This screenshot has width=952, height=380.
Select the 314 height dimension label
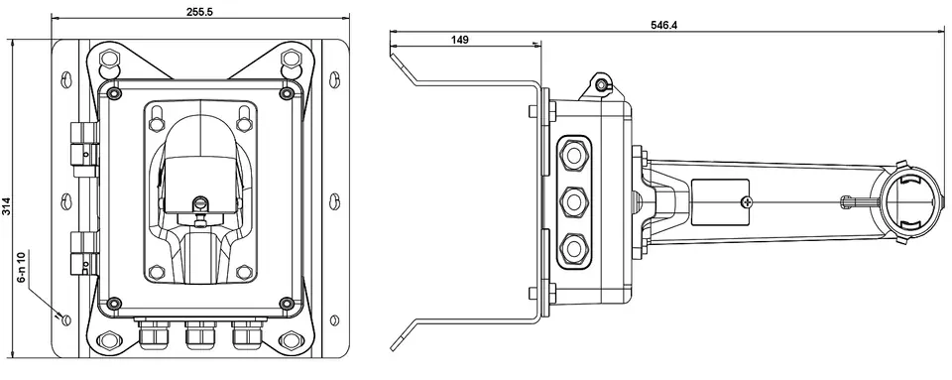[6, 206]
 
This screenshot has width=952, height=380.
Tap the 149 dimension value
[459, 40]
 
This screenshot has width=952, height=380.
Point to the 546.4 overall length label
[663, 25]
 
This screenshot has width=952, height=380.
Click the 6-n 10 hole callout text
[23, 267]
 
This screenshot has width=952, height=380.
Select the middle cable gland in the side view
[572, 201]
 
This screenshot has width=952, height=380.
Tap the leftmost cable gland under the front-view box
[154, 334]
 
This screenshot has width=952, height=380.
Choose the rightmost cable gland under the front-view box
[246, 334]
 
